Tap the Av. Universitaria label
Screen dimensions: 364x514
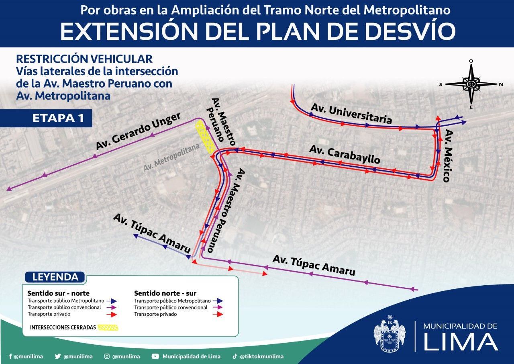(351, 114)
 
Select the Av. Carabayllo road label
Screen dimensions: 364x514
(345, 154)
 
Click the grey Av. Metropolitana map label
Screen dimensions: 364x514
(171, 158)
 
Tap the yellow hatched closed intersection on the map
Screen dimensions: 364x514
(205, 137)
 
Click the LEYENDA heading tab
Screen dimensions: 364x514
(55, 277)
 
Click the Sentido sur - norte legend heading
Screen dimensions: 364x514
(58, 293)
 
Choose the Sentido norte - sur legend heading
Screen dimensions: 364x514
(165, 293)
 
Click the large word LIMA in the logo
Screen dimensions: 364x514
(461, 342)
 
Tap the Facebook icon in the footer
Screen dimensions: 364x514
(10, 356)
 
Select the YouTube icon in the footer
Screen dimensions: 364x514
(155, 356)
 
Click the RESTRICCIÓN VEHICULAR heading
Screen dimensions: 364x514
(84, 59)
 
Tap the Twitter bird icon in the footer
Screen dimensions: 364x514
(58, 356)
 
